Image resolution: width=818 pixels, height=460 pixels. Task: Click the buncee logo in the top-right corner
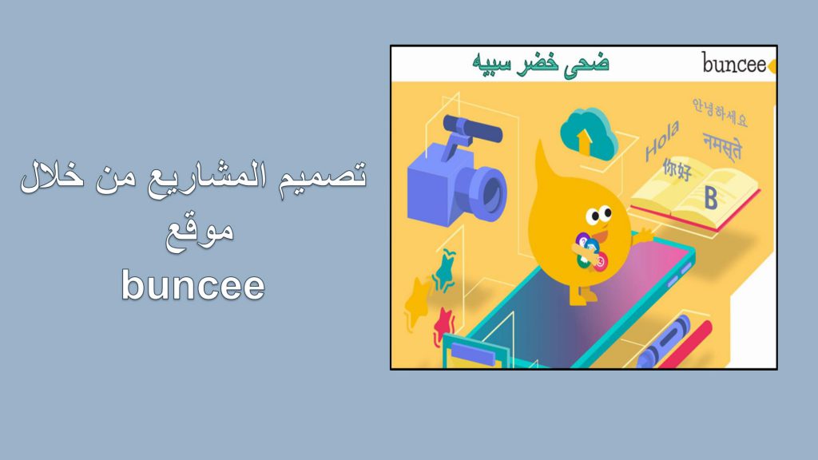tap(734, 64)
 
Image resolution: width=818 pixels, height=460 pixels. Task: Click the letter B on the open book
tap(710, 197)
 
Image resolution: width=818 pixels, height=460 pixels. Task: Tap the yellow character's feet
tap(583, 296)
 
